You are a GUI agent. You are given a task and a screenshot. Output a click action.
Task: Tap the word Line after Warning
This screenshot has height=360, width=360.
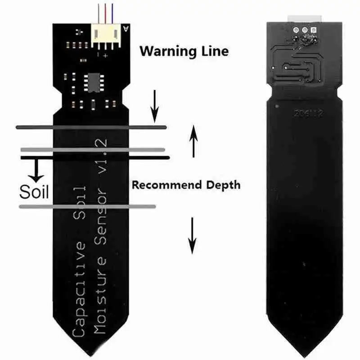tap(214, 50)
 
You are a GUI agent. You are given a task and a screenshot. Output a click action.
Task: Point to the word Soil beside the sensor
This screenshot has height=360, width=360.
tap(34, 192)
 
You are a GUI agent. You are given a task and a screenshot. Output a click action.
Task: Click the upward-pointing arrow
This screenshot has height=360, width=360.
tap(193, 140)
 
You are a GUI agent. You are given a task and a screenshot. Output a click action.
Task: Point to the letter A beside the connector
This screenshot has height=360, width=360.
tap(125, 28)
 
